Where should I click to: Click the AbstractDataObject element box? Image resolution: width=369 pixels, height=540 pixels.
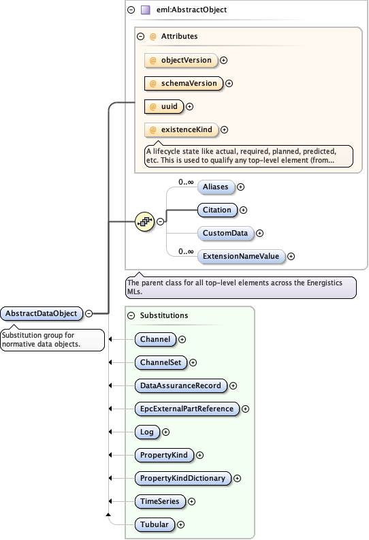(x=43, y=313)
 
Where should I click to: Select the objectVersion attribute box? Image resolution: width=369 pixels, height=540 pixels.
(x=181, y=60)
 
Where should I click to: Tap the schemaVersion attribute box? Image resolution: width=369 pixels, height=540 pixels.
(x=184, y=83)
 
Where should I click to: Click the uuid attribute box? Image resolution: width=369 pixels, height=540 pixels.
(x=165, y=106)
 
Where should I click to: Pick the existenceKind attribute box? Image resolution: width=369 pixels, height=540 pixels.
(x=181, y=129)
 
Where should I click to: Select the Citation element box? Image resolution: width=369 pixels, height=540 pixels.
(x=217, y=210)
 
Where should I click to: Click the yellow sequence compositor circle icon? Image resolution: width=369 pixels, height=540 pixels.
(x=144, y=221)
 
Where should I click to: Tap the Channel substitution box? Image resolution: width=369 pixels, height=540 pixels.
(x=156, y=338)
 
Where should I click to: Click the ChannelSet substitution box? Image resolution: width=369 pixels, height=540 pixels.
(x=161, y=362)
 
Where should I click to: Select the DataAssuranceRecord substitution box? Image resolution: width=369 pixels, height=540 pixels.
(x=181, y=385)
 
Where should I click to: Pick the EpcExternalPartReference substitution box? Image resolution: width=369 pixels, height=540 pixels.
(x=187, y=409)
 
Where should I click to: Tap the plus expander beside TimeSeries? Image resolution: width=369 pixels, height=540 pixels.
(x=191, y=501)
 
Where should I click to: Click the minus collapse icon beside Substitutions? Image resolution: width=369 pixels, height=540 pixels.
(x=131, y=316)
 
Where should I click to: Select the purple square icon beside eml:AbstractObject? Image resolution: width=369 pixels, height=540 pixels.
(x=146, y=10)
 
